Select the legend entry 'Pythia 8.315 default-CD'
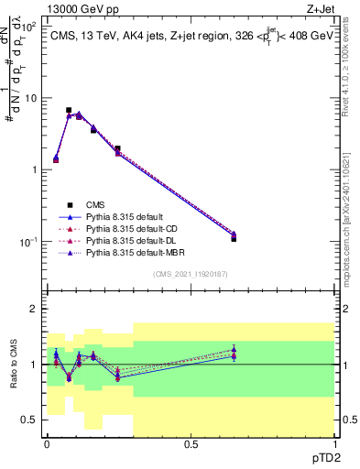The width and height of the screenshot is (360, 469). click(131, 229)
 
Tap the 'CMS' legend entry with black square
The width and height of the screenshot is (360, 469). click(95, 205)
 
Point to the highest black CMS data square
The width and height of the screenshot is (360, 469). click(69, 110)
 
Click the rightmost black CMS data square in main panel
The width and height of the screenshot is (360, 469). click(234, 238)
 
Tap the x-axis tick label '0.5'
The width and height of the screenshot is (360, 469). click(191, 442)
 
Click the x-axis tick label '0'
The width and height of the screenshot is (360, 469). click(48, 442)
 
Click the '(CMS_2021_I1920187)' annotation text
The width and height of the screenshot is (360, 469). click(190, 274)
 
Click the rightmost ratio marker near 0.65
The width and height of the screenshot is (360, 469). click(234, 353)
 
